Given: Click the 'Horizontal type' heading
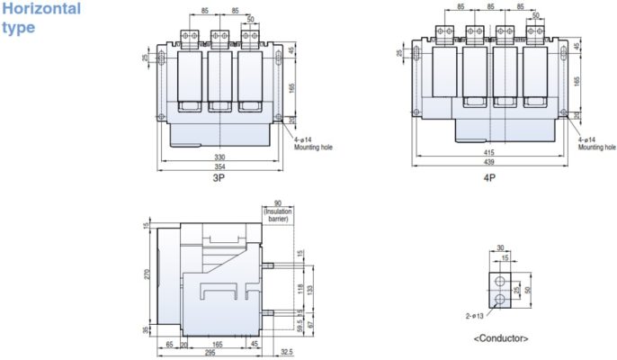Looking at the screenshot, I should (40, 18).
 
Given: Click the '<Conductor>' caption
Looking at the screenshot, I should (500, 338).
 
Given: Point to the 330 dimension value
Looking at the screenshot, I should (219, 157).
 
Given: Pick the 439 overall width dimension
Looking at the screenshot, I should (488, 166).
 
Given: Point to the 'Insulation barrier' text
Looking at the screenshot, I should (279, 213).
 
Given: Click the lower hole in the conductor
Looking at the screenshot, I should (500, 299).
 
